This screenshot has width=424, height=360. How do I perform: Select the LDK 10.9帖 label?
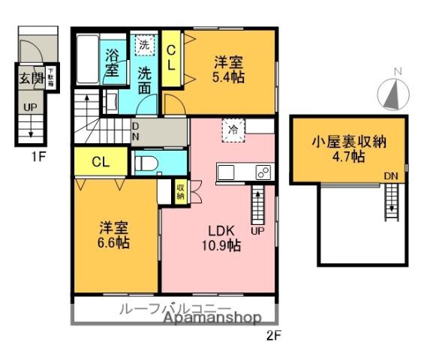point(219,237)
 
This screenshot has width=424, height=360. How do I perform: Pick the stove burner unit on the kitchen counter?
point(263,172)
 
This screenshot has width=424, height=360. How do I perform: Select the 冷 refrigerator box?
point(232,130)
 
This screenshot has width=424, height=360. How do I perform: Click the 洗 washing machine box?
point(143,44)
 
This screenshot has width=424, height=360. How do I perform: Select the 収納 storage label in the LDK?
point(181,190)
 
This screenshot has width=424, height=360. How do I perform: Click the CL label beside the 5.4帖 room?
point(171,58)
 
